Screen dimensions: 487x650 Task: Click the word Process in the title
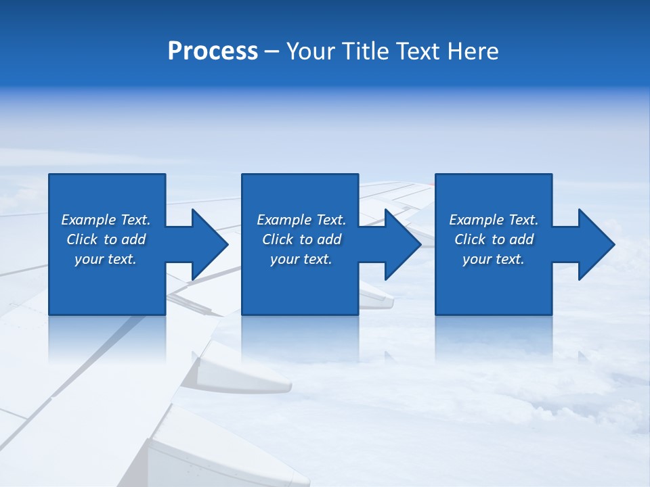click(213, 51)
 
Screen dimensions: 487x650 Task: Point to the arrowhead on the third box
click(595, 244)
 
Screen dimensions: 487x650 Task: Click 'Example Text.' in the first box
click(106, 220)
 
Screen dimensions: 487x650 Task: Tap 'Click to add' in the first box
click(106, 239)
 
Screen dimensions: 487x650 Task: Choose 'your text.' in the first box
click(106, 259)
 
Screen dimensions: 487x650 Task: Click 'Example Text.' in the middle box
click(301, 220)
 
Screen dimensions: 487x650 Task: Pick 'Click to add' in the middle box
click(301, 239)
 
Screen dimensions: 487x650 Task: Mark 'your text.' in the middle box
click(301, 259)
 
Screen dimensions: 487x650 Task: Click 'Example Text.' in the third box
click(494, 220)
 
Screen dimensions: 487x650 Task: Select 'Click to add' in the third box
click(494, 239)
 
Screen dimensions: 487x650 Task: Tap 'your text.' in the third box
click(494, 259)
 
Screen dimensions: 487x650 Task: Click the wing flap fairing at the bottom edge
click(223, 460)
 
